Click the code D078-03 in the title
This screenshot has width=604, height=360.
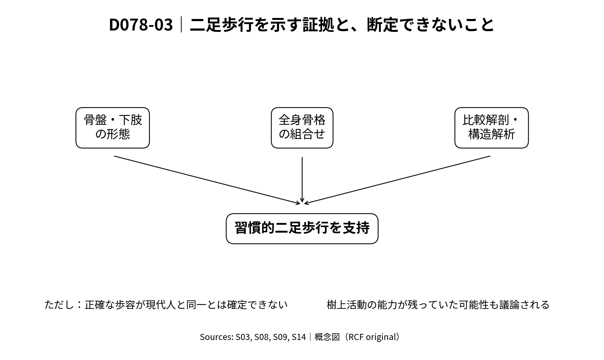[x=141, y=25]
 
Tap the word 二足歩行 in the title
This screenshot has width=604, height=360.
[x=222, y=25]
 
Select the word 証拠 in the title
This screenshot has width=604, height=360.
[x=318, y=25]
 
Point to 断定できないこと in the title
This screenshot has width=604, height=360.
[x=431, y=25]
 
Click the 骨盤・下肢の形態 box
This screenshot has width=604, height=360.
[x=113, y=128]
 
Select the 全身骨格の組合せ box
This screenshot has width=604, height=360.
[x=302, y=128]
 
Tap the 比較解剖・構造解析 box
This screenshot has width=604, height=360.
[x=491, y=128]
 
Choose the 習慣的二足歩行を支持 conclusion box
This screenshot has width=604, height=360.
[x=302, y=228]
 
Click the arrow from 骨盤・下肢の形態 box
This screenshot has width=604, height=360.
[x=207, y=180]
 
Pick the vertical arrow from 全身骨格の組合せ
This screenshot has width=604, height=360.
[x=302, y=180]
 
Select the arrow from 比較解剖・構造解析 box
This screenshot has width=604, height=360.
[x=397, y=180]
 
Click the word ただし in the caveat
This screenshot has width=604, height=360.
[x=59, y=304]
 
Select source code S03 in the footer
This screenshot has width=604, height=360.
[x=242, y=337]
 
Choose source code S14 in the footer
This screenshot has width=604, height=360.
[x=299, y=337]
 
